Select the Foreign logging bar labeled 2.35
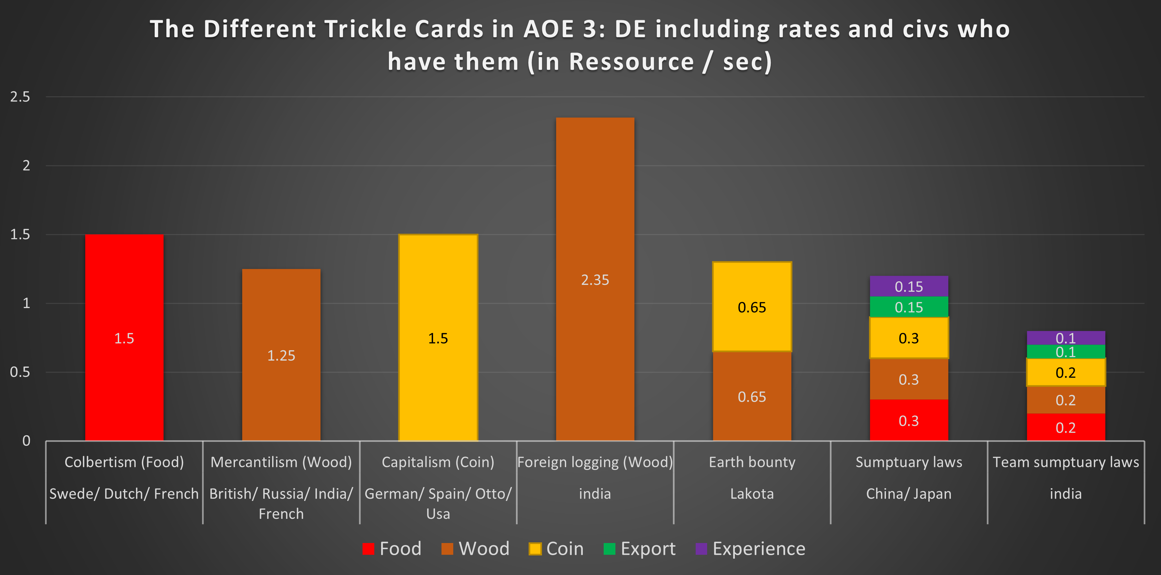(x=595, y=279)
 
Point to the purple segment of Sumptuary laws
(x=909, y=286)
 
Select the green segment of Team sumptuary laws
(x=1065, y=351)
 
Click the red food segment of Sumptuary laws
(x=909, y=420)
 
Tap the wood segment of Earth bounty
(x=752, y=396)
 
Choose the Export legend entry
(x=640, y=549)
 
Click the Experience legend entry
(x=751, y=549)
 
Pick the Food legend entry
(x=392, y=549)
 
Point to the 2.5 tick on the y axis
(x=20, y=97)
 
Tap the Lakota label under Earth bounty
(x=752, y=493)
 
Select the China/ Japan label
(x=909, y=493)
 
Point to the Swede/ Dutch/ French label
(x=124, y=493)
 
